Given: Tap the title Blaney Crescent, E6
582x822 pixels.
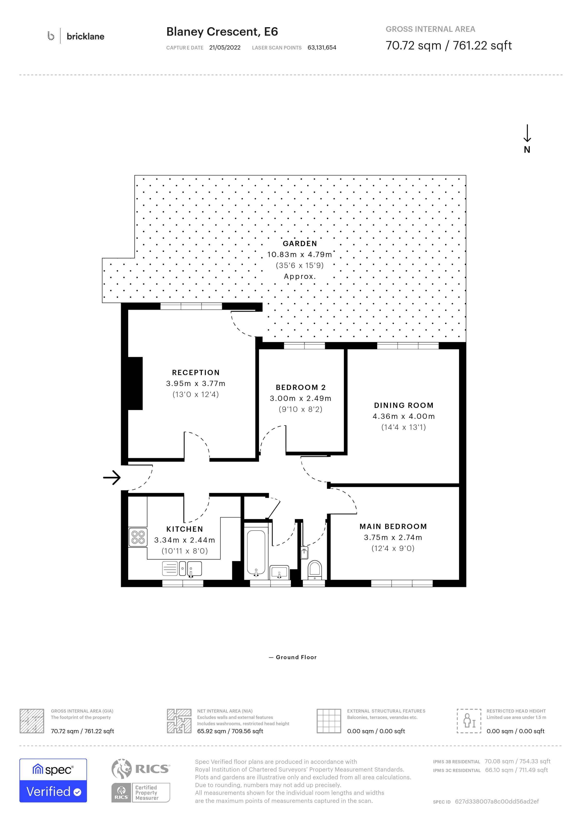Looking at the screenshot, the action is coord(222,32).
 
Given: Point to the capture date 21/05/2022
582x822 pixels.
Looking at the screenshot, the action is coord(225,48).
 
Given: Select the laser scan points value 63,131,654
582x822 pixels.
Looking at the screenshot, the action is coord(322,48).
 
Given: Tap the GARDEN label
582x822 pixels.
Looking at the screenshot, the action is coord(300,243).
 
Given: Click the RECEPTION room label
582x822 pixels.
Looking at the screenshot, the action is coord(196,372).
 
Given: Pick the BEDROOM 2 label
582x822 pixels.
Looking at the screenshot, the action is coord(301,387).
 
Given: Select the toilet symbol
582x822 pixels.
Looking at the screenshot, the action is coord(315,570).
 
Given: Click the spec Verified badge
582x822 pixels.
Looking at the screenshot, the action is coord(53,781).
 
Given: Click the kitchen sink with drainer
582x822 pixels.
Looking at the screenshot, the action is coord(182,568).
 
